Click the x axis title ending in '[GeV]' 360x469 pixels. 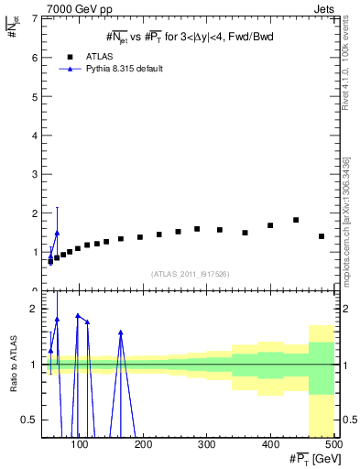pyautogui.click(x=311, y=459)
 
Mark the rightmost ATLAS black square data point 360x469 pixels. pyautogui.click(x=322, y=236)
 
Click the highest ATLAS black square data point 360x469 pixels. pyautogui.click(x=296, y=220)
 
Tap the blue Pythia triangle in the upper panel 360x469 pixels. pyautogui.click(x=57, y=234)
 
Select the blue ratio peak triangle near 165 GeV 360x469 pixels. pyautogui.click(x=121, y=333)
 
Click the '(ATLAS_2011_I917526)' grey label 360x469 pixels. pyautogui.click(x=190, y=274)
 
